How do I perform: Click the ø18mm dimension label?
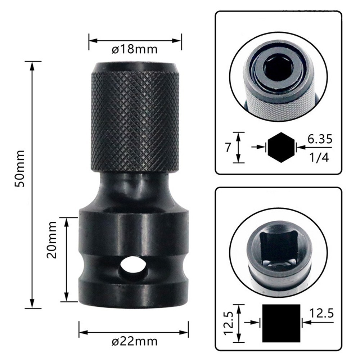[135, 49]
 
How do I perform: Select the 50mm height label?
[20, 168]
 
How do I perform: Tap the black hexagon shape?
[280, 147]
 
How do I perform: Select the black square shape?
[281, 323]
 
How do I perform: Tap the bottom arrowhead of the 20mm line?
[67, 298]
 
